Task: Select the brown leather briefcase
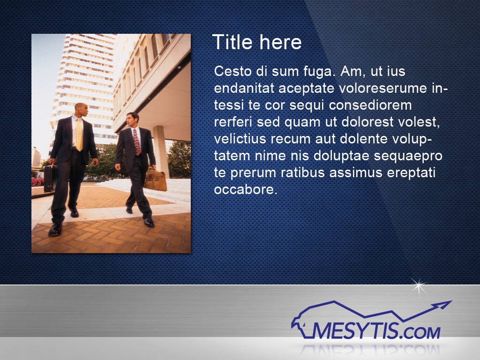coord(155,180)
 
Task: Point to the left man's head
coord(81,110)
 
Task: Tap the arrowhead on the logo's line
coord(443,305)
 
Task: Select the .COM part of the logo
coord(420,332)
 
